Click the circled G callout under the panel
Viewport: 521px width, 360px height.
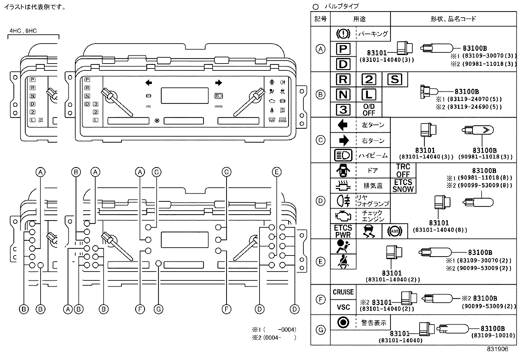click(158, 309)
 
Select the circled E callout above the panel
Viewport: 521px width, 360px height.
click(277, 172)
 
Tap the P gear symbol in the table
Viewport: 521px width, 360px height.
click(343, 49)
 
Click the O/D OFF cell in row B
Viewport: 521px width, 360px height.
click(368, 110)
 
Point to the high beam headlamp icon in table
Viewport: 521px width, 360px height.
click(343, 155)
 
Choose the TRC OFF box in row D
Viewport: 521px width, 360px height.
click(403, 171)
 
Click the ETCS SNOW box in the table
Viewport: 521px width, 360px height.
click(403, 186)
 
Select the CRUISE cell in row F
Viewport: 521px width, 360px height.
click(343, 292)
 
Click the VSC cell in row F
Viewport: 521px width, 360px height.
click(343, 307)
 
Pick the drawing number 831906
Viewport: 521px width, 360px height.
click(498, 349)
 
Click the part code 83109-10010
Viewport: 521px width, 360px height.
click(493, 335)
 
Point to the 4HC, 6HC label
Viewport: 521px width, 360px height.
click(23, 31)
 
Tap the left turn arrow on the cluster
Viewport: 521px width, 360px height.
click(149, 83)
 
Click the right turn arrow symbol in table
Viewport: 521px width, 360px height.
click(343, 141)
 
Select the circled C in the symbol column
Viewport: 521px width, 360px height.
click(320, 140)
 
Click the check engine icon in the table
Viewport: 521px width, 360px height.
click(343, 216)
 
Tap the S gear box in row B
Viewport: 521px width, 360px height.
click(395, 80)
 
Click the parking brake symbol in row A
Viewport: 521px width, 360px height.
click(343, 34)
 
